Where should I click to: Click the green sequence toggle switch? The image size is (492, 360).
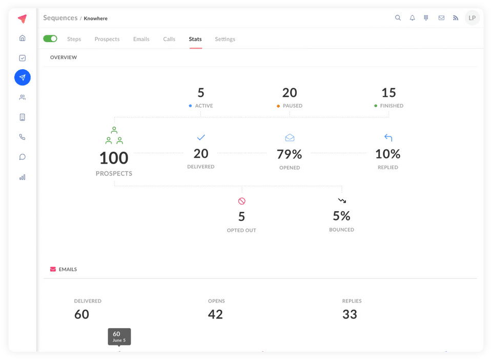(x=50, y=38)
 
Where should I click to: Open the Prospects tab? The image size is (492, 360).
(x=107, y=39)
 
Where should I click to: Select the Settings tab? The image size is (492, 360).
(x=225, y=39)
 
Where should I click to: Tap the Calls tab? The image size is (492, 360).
(x=169, y=39)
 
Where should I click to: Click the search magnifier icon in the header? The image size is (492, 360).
(x=398, y=18)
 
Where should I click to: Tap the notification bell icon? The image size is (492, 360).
(x=412, y=18)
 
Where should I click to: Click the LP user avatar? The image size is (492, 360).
(x=472, y=18)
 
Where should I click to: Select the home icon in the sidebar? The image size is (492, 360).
(x=22, y=38)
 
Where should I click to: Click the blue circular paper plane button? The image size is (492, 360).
(x=23, y=77)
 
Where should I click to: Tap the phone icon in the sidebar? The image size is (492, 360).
(x=22, y=137)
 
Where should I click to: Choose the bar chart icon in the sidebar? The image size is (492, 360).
(x=22, y=177)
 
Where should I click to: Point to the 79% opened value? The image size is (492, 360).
(x=289, y=154)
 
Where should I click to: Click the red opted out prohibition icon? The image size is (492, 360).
(x=241, y=201)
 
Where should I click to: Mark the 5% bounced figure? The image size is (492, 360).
(x=341, y=216)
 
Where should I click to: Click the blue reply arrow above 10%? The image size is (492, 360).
(x=388, y=137)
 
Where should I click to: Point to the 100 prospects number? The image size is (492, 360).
(x=114, y=158)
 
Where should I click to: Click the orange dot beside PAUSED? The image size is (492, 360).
(x=278, y=106)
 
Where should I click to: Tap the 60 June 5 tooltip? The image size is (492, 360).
(x=119, y=336)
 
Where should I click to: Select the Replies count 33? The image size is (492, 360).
(x=350, y=314)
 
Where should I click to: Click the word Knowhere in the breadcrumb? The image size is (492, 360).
(x=96, y=18)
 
